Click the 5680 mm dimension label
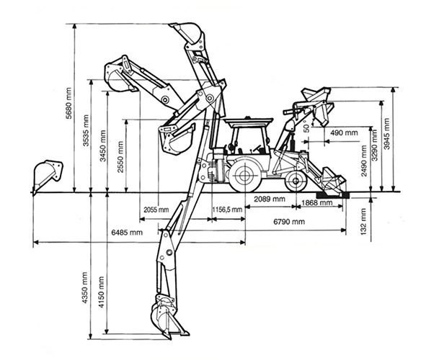point(68,103)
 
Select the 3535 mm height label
point(86,131)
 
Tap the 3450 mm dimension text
point(103,146)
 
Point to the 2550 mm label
point(120,157)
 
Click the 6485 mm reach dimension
point(127,233)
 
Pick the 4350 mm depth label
point(85,287)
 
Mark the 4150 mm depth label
point(102,292)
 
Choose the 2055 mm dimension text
point(156,210)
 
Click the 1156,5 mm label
point(227,210)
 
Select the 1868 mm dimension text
point(316,202)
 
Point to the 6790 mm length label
point(289,222)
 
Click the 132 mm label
point(364,221)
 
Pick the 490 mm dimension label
point(344,133)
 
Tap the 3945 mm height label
point(387,134)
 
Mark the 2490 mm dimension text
point(364,161)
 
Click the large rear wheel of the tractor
point(244,176)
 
